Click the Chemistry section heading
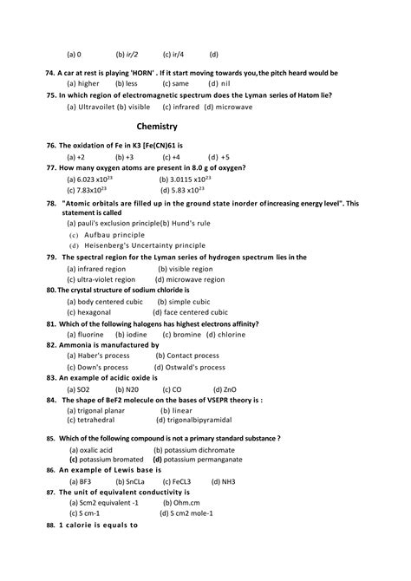click(157, 127)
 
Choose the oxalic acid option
click(91, 450)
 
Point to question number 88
click(51, 525)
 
